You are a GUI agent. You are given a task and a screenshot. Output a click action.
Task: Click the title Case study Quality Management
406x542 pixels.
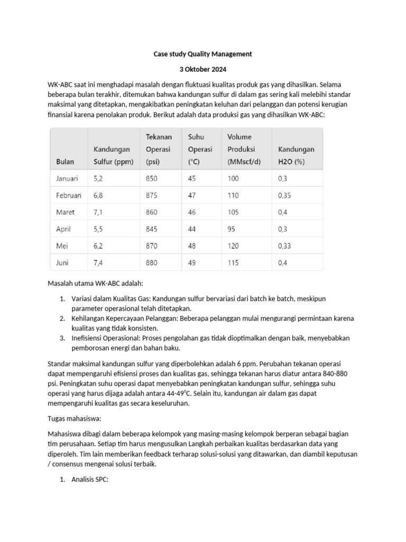(202, 54)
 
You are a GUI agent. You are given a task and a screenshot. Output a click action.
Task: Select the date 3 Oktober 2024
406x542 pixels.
(202, 69)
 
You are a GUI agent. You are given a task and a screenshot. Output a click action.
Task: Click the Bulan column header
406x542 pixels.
(65, 161)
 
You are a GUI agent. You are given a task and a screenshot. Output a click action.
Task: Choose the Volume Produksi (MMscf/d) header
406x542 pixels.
(241, 149)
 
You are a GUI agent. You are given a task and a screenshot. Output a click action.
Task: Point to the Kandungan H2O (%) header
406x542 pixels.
(296, 156)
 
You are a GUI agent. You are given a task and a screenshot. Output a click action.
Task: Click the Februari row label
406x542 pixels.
(69, 195)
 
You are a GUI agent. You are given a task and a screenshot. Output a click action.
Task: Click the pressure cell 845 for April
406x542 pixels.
(152, 229)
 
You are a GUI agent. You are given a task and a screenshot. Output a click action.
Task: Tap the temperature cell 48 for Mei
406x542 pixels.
(192, 246)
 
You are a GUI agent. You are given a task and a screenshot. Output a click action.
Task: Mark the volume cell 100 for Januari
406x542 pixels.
(233, 178)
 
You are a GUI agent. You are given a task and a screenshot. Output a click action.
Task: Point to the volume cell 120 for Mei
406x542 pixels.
(233, 246)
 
